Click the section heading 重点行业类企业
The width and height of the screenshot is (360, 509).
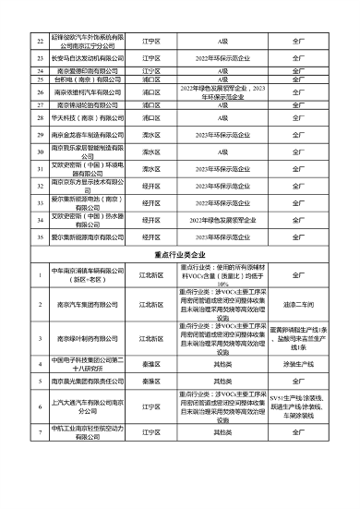tap(180, 250)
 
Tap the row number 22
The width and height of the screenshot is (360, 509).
tap(40, 42)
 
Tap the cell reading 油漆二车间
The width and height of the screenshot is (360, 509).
tap(297, 303)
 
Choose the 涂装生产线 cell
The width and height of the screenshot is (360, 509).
tap(297, 362)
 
